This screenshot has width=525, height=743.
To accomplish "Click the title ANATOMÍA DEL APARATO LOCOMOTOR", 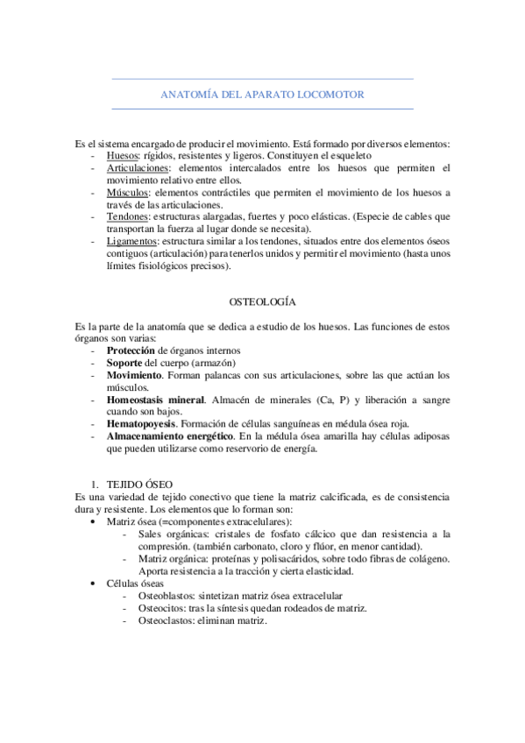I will pos(263,94).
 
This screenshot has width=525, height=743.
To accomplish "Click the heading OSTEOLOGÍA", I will pos(262,302).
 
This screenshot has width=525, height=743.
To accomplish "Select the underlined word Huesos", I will pos(124,155).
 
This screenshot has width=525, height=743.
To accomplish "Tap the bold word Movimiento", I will pos(139,375).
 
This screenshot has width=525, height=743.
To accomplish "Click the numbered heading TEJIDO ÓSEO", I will pos(139,484).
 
